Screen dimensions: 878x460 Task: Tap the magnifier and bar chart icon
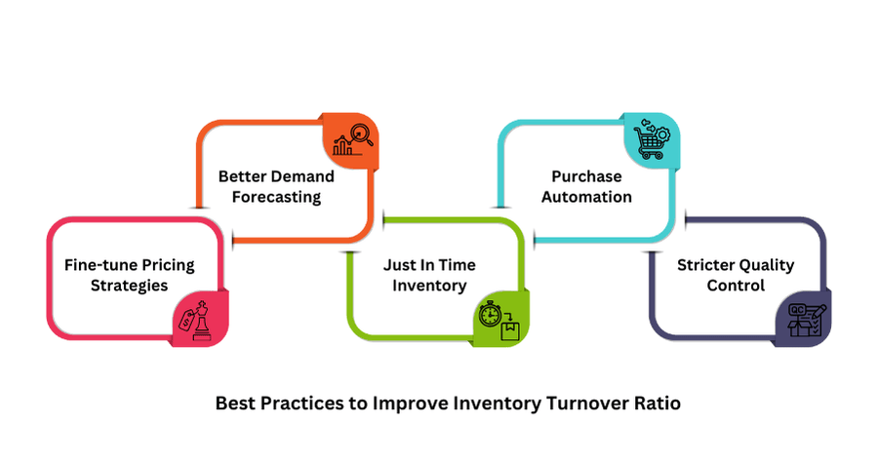pos(353,140)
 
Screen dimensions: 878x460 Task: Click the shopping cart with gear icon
pos(652,138)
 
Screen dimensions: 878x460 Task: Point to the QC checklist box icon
pos(807,320)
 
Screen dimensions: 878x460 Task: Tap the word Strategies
pos(130,286)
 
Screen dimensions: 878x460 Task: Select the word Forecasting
pos(277,197)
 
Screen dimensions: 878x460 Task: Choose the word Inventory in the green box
pos(429,286)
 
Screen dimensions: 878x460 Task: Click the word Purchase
pos(587,176)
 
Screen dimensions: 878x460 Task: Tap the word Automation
pos(587,197)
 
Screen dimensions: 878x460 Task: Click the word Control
pos(736,286)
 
